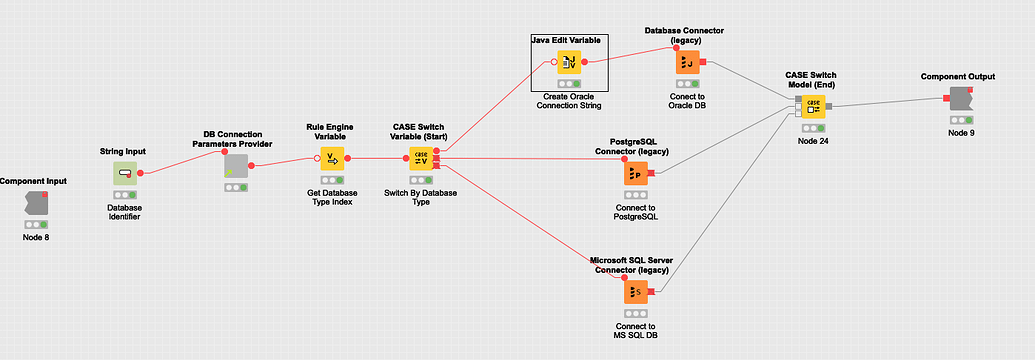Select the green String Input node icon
125,174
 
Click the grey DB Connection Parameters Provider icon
236,166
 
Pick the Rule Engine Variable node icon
331,158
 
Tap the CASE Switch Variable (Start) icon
421,158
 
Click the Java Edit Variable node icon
568,62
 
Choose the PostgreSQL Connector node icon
636,174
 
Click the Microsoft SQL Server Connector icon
636,293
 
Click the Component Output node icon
958,99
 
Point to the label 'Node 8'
35,237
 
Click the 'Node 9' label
958,133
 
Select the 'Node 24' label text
814,141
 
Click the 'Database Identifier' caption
125,213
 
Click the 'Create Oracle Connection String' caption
568,100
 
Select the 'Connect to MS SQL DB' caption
636,332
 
